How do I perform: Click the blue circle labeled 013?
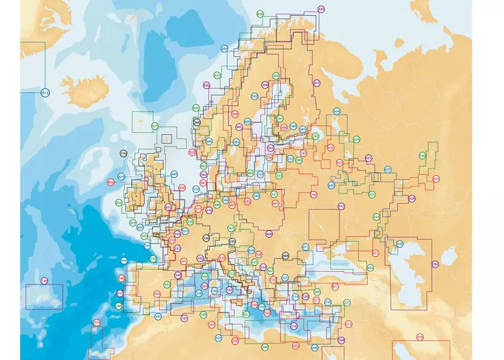45,92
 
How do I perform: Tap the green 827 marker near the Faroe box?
155,126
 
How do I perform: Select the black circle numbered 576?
124,153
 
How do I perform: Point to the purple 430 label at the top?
321,8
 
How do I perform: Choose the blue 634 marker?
336,111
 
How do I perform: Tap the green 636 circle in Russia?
422,156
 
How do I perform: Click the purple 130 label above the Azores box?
45,281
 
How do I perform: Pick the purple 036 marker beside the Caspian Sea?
435,264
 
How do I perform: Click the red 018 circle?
420,337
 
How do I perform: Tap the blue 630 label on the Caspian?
400,243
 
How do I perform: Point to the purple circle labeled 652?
340,206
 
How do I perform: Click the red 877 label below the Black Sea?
335,286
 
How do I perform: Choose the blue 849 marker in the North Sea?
174,173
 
